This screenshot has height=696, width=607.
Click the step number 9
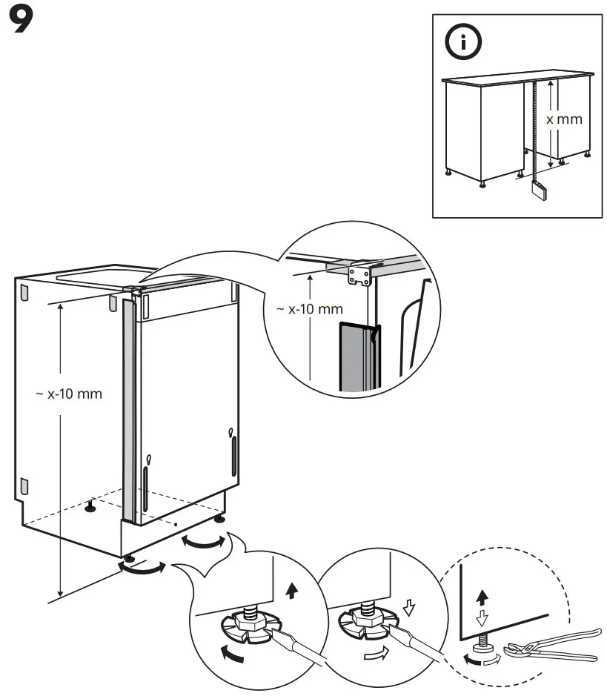(x=21, y=23)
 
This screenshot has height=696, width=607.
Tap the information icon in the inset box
(x=462, y=43)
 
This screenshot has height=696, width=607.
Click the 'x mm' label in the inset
(x=565, y=119)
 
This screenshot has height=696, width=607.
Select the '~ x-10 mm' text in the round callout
(x=310, y=309)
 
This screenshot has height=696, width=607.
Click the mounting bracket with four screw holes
(x=359, y=277)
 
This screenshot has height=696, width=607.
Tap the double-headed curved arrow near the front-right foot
(x=203, y=543)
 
